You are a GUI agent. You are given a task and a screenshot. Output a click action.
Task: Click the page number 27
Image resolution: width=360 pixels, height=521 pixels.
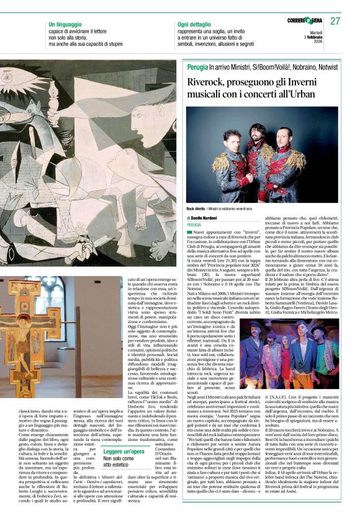tap(336, 21)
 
